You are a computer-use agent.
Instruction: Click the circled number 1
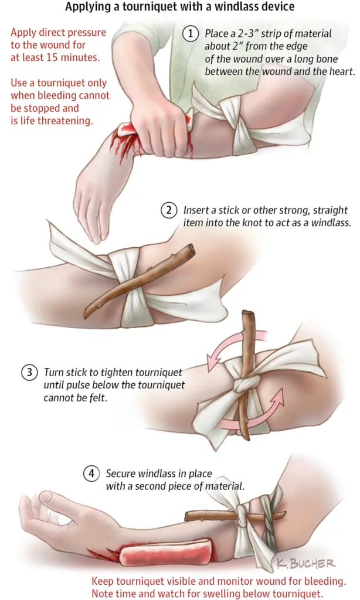point(191,33)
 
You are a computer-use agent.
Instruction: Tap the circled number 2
point(168,210)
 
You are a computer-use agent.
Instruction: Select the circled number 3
point(29,372)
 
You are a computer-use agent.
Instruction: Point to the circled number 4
point(91,473)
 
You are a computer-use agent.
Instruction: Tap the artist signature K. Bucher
point(305,563)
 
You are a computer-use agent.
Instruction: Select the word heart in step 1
point(342,71)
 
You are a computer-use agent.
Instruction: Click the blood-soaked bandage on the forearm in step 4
point(165,552)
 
